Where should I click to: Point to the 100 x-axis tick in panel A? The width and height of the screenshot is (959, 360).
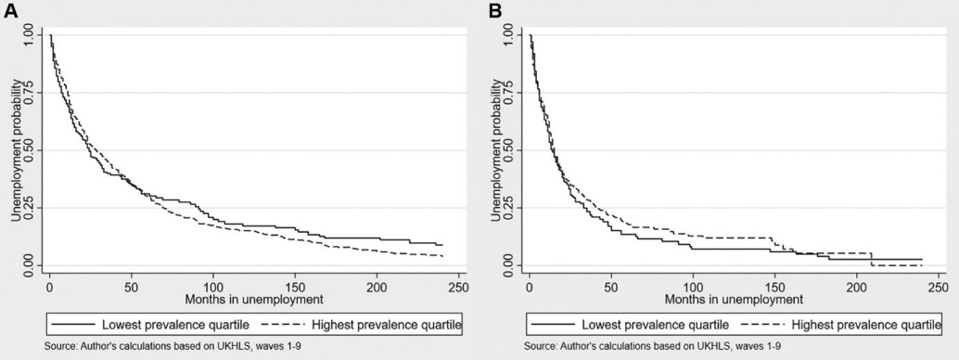click(213, 288)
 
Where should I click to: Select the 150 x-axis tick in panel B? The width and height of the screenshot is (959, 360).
click(774, 288)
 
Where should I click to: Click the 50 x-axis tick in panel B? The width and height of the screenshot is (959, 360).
click(610, 288)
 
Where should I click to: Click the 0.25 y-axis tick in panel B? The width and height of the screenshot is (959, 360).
click(506, 208)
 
